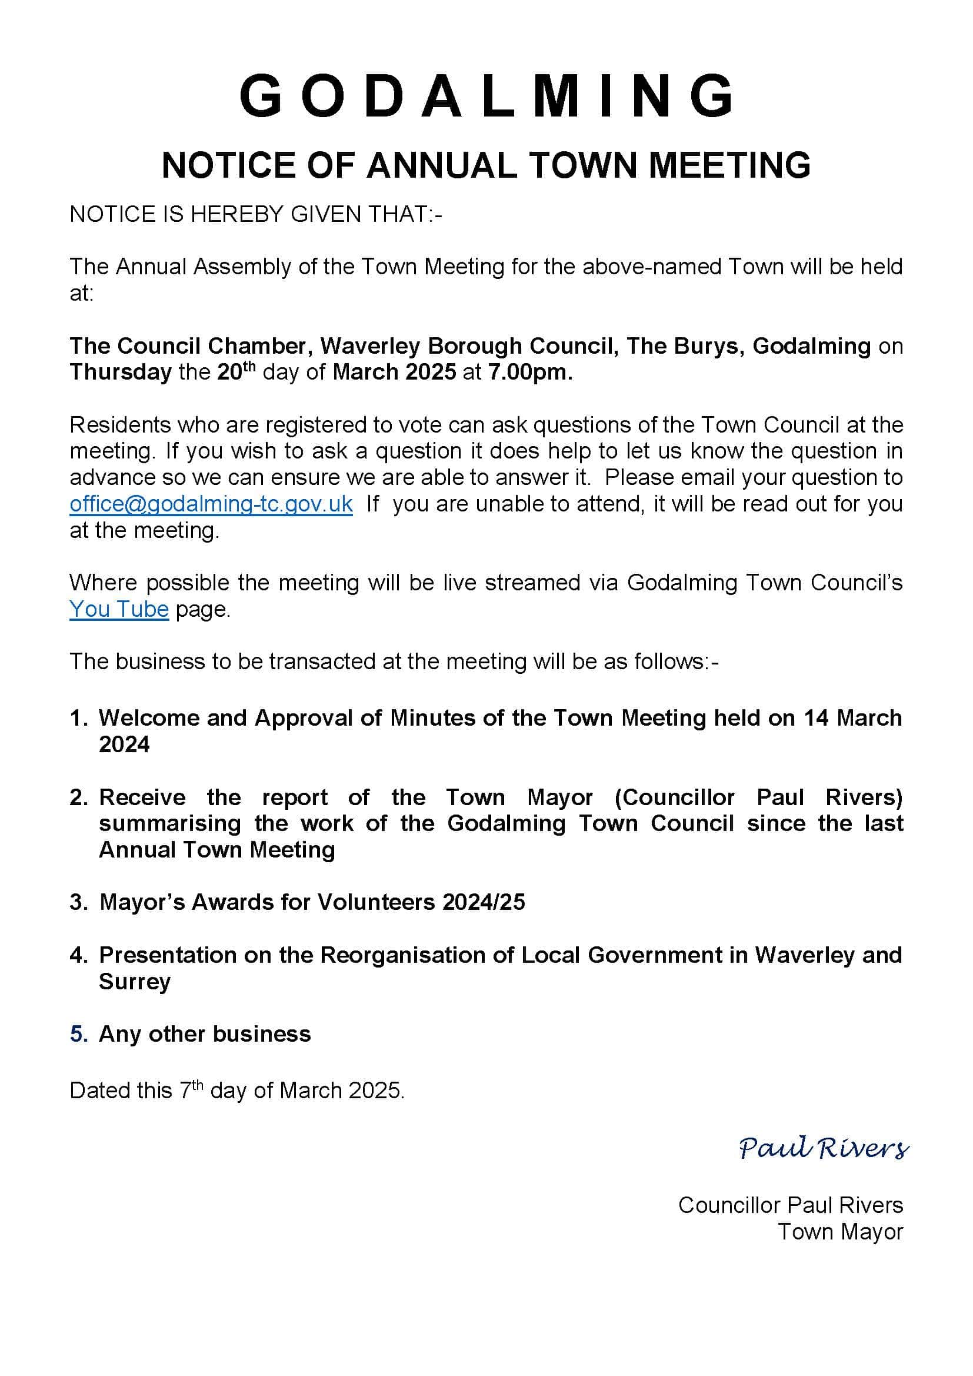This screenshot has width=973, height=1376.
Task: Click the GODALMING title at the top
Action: point(487,96)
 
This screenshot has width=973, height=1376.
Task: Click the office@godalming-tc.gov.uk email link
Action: point(211,504)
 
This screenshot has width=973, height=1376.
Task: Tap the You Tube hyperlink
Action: point(119,610)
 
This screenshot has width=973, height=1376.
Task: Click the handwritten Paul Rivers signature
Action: point(823,1148)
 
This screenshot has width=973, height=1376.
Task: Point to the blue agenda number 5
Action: point(78,1035)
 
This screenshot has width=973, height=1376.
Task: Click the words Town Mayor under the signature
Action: point(840,1232)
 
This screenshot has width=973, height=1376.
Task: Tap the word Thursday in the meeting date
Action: point(121,372)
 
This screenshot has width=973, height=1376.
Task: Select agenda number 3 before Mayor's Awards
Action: point(78,903)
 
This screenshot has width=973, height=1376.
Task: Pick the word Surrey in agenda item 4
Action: point(135,982)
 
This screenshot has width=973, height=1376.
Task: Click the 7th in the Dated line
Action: point(191,1090)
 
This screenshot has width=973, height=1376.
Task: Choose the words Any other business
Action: point(205,1035)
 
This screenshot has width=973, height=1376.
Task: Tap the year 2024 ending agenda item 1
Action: point(124,744)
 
